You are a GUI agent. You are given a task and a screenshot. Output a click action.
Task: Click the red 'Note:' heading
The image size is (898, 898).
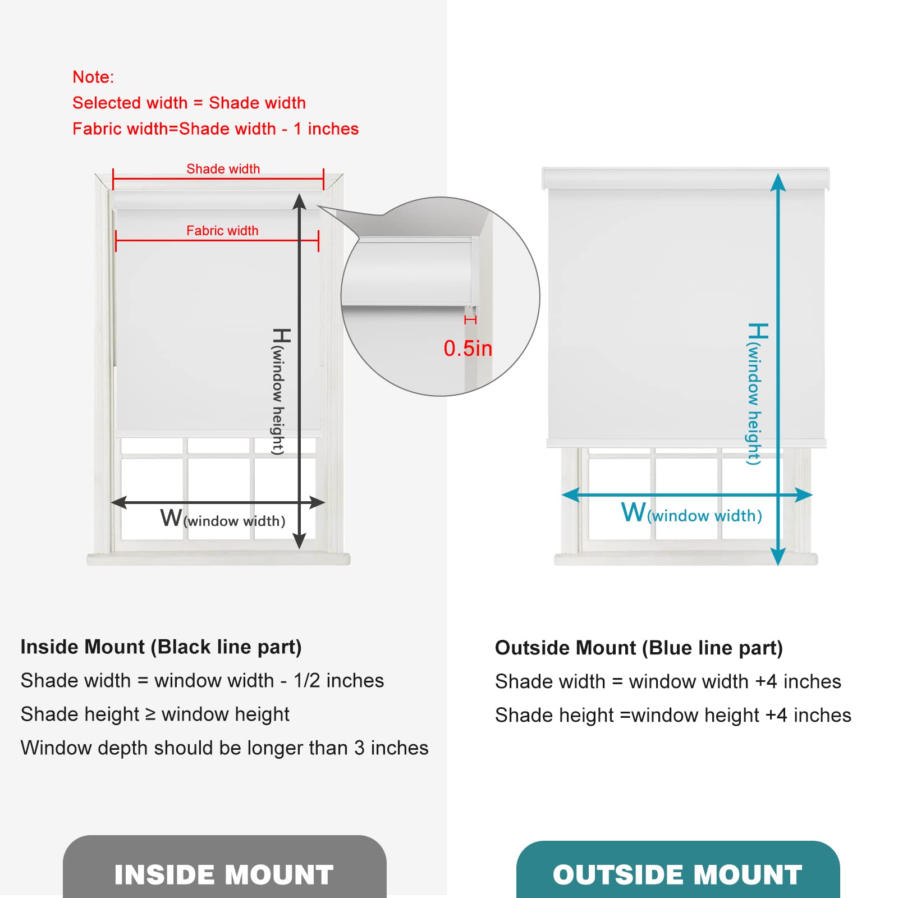pyautogui.click(x=93, y=77)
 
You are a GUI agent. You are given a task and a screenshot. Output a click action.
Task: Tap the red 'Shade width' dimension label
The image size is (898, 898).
pyautogui.click(x=223, y=169)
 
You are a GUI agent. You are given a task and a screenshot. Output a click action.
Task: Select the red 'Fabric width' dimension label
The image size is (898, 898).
pyautogui.click(x=222, y=231)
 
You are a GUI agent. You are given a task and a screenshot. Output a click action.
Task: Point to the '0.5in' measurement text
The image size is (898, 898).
pyautogui.click(x=468, y=349)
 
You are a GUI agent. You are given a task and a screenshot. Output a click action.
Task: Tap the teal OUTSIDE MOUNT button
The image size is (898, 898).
pyautogui.click(x=677, y=873)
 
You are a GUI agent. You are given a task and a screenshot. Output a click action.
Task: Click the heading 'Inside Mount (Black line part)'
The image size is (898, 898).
pyautogui.click(x=161, y=647)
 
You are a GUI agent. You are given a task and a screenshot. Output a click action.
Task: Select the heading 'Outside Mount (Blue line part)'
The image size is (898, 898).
pyautogui.click(x=639, y=648)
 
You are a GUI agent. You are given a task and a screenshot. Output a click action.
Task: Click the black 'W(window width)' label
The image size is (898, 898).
pyautogui.click(x=223, y=519)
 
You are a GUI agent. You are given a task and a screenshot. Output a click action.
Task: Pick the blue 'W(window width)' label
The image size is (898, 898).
pyautogui.click(x=691, y=514)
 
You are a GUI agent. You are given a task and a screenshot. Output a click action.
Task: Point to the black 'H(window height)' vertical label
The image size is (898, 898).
pyautogui.click(x=280, y=391)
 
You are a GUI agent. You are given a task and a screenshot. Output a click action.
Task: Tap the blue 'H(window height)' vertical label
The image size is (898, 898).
pyautogui.click(x=755, y=393)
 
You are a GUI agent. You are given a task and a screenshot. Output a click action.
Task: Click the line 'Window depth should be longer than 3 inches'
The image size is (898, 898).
pyautogui.click(x=224, y=748)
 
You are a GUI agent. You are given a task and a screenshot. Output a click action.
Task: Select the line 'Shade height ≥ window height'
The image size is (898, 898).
pyautogui.click(x=155, y=714)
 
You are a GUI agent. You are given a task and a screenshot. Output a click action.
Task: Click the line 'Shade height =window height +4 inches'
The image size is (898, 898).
pyautogui.click(x=673, y=716)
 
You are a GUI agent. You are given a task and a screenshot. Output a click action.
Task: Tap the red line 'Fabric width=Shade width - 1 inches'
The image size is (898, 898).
pyautogui.click(x=216, y=129)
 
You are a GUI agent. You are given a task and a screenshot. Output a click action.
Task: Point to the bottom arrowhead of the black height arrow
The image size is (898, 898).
pyautogui.click(x=300, y=541)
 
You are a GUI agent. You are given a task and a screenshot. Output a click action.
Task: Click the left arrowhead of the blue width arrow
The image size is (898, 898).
pyautogui.click(x=570, y=495)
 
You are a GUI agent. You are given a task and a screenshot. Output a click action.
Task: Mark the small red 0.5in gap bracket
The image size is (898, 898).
pyautogui.click(x=470, y=320)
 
